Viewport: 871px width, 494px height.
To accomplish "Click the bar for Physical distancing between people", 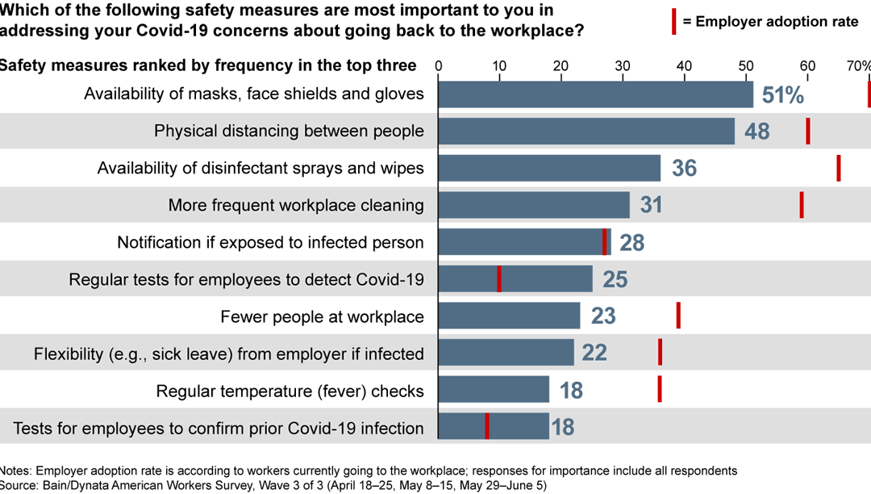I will coord(586,131).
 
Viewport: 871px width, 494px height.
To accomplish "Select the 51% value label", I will coord(783,95).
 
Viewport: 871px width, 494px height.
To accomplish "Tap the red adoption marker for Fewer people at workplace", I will coord(678,316).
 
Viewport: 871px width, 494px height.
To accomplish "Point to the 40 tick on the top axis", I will coord(684,66).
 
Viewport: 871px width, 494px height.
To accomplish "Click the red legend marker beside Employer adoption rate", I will coord(671,21).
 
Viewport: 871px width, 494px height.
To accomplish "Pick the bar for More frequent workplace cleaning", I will coord(534,205).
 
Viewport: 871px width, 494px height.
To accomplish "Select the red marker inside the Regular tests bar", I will coord(499,279).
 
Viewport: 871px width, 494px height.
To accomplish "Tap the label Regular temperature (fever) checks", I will coord(290,391).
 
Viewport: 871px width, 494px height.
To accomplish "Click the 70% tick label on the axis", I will coord(858,66).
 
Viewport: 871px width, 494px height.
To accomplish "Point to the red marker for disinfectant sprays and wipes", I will coord(839,168).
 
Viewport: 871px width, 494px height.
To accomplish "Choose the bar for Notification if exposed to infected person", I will coord(524,242).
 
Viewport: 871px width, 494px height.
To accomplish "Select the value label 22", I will coord(594,353).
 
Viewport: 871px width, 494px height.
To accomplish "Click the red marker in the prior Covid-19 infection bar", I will coord(487,426).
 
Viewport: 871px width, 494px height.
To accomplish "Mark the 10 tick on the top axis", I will coord(499,66).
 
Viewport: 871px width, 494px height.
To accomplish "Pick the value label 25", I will coord(615,279).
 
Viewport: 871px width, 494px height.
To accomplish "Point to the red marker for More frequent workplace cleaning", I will coord(802,205).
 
